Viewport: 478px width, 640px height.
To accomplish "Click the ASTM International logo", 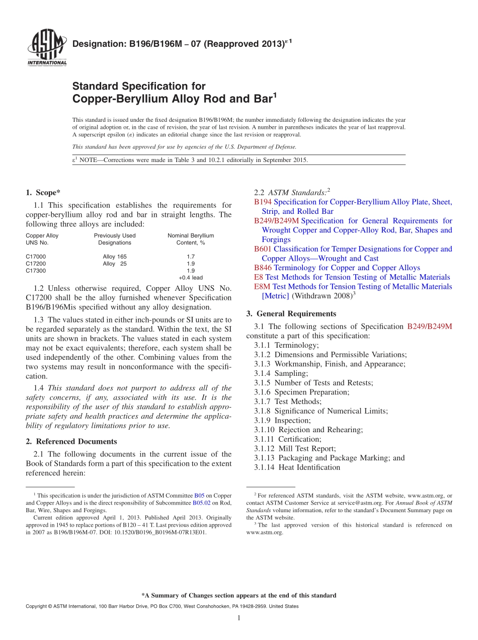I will pyautogui.click(x=47, y=48).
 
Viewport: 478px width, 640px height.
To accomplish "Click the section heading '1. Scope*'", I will pyautogui.click(x=43, y=192).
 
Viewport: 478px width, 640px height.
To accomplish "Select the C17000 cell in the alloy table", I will pyautogui.click(x=36, y=257).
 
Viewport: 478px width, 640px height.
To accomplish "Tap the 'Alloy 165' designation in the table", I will pyautogui.click(x=115, y=257).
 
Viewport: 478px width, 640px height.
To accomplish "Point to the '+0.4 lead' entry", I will pyautogui.click(x=191, y=278).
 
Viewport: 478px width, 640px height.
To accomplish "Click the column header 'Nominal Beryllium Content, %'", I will pyautogui.click(x=191, y=239).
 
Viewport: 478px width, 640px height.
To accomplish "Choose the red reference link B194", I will pyautogui.click(x=263, y=202).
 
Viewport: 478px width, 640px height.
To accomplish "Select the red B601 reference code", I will pyautogui.click(x=263, y=249).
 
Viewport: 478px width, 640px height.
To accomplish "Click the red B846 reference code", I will pyautogui.click(x=263, y=268).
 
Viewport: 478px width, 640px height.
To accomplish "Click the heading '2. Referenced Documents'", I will pyautogui.click(x=71, y=442).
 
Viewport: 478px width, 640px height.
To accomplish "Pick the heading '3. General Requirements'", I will pyautogui.click(x=291, y=313).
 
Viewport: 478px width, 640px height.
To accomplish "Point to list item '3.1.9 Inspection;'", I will pyautogui.click(x=282, y=420).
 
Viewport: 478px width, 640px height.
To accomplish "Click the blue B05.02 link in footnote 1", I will pyautogui.click(x=201, y=503).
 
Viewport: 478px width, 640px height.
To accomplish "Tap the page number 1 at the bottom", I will pyautogui.click(x=239, y=618).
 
